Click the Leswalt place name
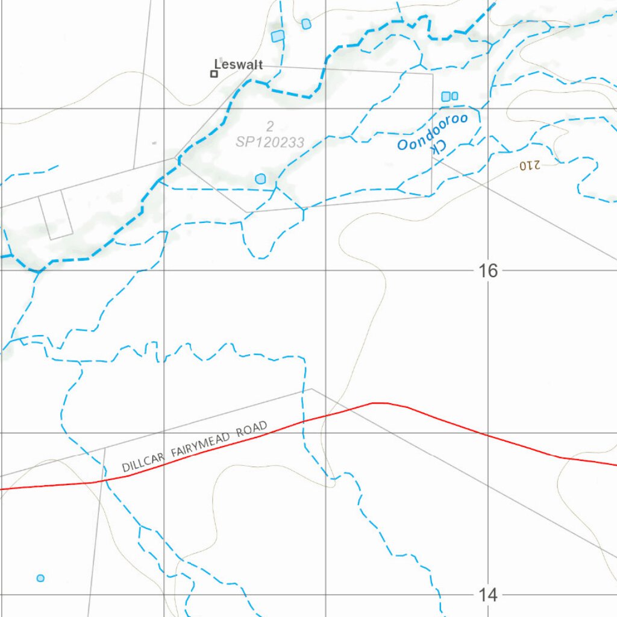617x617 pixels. click(x=239, y=64)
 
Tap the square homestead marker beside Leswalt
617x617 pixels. click(x=213, y=74)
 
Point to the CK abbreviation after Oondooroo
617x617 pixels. click(x=439, y=149)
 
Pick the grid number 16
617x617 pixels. click(x=489, y=271)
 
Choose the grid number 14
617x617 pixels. click(x=489, y=595)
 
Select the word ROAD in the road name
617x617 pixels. click(x=252, y=430)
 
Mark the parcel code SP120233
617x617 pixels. click(x=270, y=142)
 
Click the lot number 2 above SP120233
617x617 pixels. click(x=270, y=126)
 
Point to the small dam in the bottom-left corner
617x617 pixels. click(x=40, y=578)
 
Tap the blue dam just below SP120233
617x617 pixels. click(x=260, y=178)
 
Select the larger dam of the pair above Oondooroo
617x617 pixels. click(x=446, y=96)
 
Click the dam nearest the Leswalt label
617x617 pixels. click(x=277, y=36)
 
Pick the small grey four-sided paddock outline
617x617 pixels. click(x=55, y=215)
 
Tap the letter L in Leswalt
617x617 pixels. click(x=218, y=64)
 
